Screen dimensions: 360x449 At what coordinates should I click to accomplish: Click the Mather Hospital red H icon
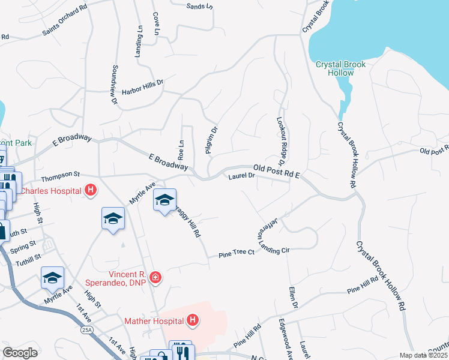pyautogui.click(x=193, y=321)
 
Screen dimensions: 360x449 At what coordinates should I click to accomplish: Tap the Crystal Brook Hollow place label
pyautogui.click(x=341, y=68)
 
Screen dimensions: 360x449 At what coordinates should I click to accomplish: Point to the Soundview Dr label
pyautogui.click(x=113, y=84)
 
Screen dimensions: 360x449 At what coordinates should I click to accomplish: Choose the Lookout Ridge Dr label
pyautogui.click(x=281, y=139)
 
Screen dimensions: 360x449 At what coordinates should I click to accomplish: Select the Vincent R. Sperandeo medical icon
pyautogui.click(x=155, y=277)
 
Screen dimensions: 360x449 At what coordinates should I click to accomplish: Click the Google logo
pyautogui.click(x=20, y=353)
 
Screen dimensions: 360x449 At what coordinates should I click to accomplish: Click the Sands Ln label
pyautogui.click(x=200, y=7)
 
